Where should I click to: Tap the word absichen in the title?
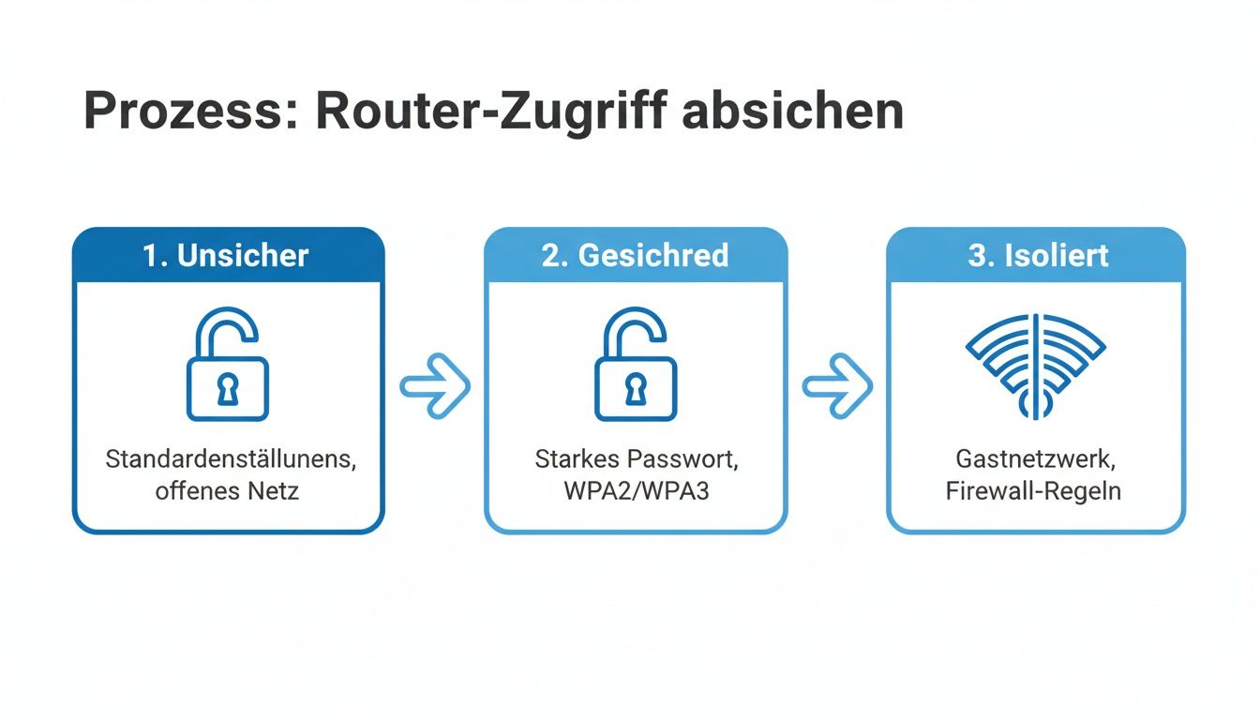tap(792, 112)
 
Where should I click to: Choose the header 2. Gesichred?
tap(635, 255)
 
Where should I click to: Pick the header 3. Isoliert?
tap(1038, 255)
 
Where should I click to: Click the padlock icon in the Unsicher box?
tap(228, 366)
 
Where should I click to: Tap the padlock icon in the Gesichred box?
tap(635, 366)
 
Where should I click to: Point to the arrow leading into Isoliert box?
tap(837, 385)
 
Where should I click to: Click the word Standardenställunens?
tap(232, 460)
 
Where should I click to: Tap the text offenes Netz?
tap(227, 489)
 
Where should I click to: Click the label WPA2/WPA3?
tap(636, 489)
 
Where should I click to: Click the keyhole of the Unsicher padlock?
tap(228, 388)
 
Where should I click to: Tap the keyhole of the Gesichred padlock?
tap(635, 388)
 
